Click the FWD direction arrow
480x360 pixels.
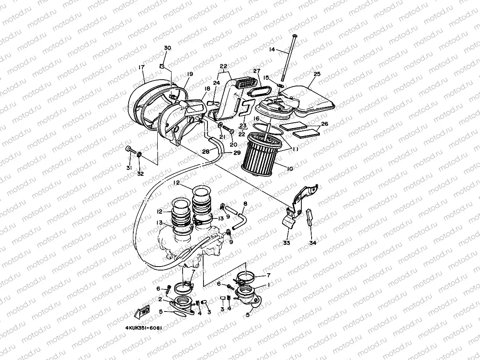pos(142,311)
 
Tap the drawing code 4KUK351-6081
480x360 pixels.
pos(144,328)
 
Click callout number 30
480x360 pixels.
pos(168,48)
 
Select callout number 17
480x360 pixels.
pos(142,67)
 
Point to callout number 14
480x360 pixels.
pos(272,50)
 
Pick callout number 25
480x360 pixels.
pos(317,74)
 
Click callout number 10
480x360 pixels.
pos(290,169)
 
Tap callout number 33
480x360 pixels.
pos(286,242)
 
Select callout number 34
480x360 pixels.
pos(313,242)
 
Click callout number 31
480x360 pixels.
pos(129,168)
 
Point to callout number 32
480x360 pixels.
pos(140,174)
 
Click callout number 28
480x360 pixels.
pos(205,151)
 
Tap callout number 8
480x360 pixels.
pos(245,204)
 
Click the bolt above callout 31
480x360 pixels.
pos(131,150)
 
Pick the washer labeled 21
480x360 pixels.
pos(220,125)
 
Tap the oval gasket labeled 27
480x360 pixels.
pos(259,91)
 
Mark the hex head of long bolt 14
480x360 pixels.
pos(294,35)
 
